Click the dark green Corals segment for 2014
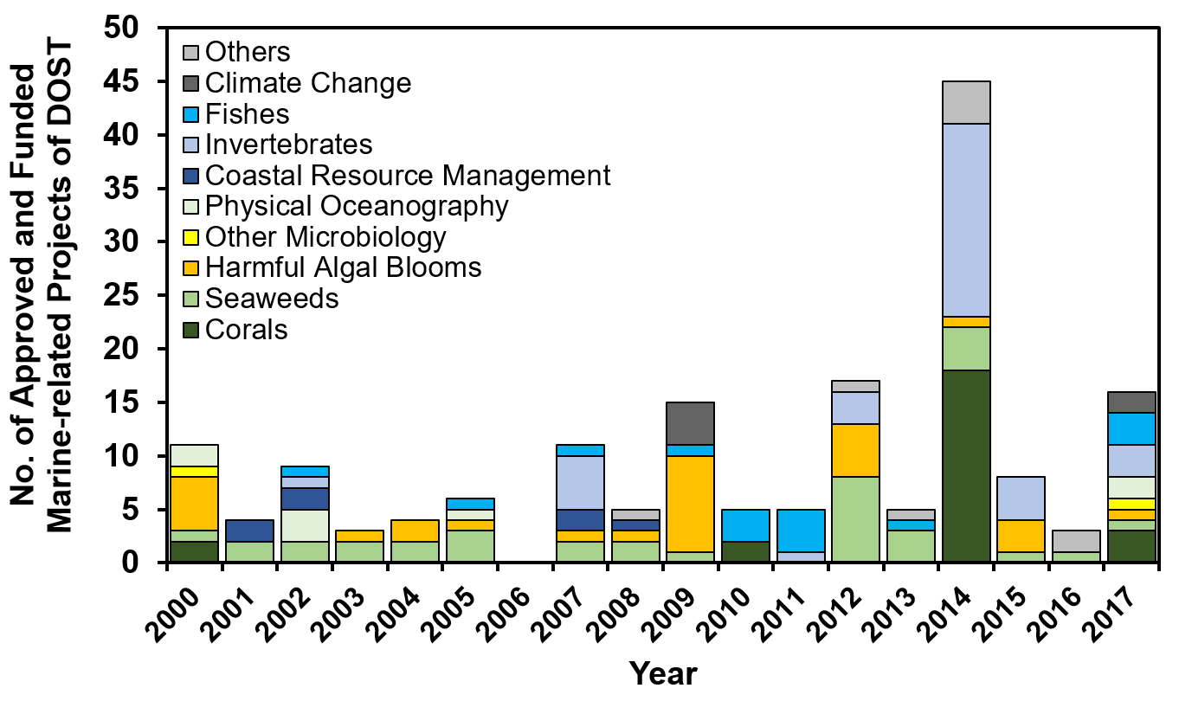[966, 466]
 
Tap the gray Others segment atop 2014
[966, 102]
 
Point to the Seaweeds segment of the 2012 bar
[854, 519]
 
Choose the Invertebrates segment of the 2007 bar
[579, 482]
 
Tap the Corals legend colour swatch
[191, 331]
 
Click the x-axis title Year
[662, 673]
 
